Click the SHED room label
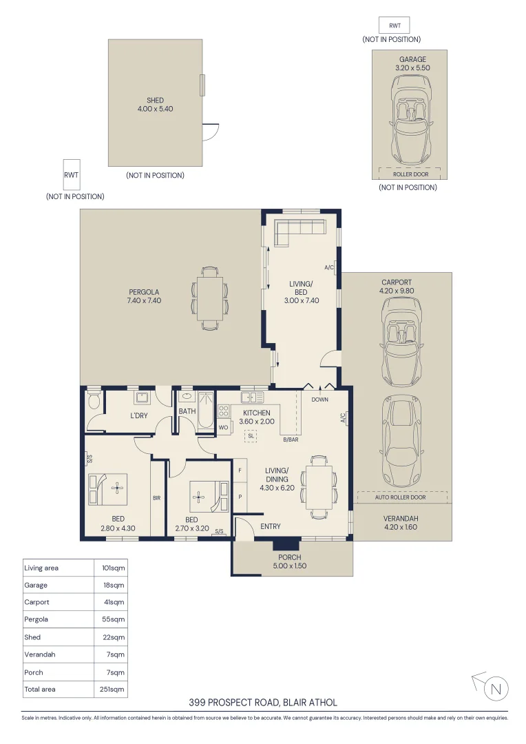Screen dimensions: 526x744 coord(155,100)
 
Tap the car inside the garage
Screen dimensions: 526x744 coord(412,120)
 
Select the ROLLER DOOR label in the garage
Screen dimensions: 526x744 coord(410,174)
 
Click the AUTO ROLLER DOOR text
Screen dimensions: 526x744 coord(400,497)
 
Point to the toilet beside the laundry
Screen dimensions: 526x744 coord(94,400)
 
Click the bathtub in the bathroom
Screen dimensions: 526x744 coord(207,410)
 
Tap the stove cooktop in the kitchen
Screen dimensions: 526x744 coord(223,411)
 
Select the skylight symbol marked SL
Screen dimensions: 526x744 coord(251,435)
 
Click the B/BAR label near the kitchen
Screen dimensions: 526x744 coord(291,440)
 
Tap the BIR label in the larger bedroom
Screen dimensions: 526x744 coord(156,498)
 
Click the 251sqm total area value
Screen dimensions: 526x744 coord(112,690)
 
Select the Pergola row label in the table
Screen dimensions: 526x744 coord(36,619)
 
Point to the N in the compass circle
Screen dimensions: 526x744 coord(496,688)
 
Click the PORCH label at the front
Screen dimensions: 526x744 coord(290,557)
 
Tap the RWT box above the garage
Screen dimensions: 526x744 coord(394,25)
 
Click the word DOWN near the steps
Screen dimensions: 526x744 coord(319,400)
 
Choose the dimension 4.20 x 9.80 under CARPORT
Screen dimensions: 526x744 coord(397,291)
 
